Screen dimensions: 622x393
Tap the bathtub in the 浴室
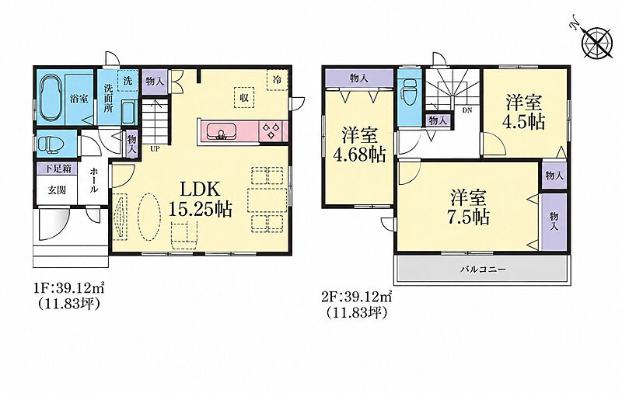point(51,98)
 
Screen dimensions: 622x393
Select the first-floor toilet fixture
point(49,144)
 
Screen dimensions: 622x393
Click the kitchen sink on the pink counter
point(221,130)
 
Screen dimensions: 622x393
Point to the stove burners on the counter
point(273,131)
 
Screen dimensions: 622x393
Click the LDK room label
point(200,189)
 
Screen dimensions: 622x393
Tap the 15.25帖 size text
point(200,209)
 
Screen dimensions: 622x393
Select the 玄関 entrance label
point(57,190)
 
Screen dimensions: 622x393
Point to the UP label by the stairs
point(155,149)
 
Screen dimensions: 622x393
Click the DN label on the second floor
point(467,110)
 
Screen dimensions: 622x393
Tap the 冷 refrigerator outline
point(277,80)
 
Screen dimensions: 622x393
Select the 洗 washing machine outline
point(128,81)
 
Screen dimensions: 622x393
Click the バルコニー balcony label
point(483,270)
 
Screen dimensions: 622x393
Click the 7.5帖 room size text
point(468,217)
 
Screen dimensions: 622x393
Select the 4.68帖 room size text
point(359,155)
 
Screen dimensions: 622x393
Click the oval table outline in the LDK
point(149,217)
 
